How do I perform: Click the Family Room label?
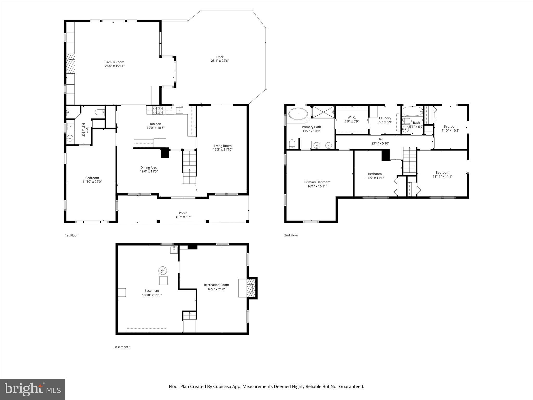[x=115, y=62]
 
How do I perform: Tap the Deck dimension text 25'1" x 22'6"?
[x=220, y=61]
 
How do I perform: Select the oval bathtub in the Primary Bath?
[x=298, y=114]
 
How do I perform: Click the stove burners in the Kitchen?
[x=158, y=110]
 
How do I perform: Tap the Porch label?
[x=183, y=213]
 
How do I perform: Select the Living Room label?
[x=223, y=146]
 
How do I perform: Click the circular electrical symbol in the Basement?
[x=163, y=271]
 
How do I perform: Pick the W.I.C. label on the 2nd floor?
[x=352, y=117]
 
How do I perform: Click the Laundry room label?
[x=385, y=118]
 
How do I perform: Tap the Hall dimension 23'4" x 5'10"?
[x=380, y=143]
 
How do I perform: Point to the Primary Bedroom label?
[x=317, y=182]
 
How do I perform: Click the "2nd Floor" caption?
[x=291, y=235]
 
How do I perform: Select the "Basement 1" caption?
[x=122, y=347]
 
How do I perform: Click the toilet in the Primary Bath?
[x=292, y=144]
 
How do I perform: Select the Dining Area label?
[x=149, y=168]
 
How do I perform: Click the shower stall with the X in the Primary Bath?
[x=323, y=112]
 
